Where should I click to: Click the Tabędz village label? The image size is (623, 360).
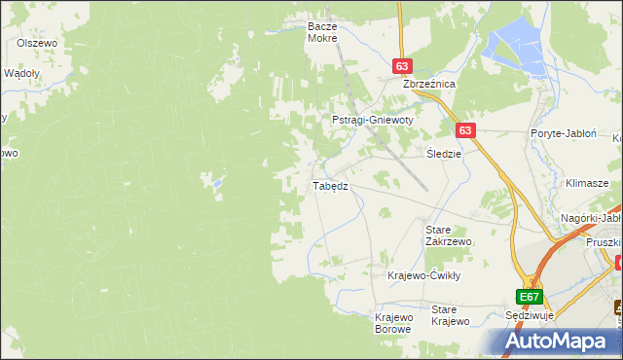pyautogui.click(x=329, y=185)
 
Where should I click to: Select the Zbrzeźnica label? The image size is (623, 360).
pyautogui.click(x=429, y=84)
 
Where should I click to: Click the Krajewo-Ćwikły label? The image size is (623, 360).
pyautogui.click(x=423, y=275)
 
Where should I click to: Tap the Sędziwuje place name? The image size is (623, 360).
pyautogui.click(x=531, y=317)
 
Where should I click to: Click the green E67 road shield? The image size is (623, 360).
pyautogui.click(x=529, y=297)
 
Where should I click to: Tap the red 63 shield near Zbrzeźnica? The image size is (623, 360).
pyautogui.click(x=402, y=66)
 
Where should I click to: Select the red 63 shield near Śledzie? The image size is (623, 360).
pyautogui.click(x=464, y=130)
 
